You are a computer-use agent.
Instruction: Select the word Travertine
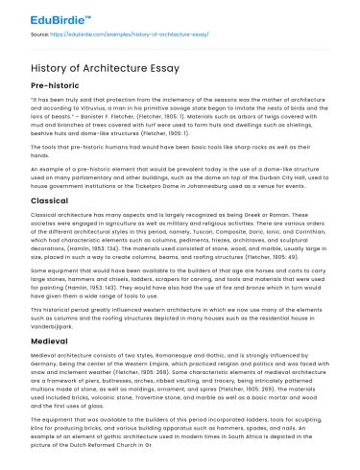[152, 402]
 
